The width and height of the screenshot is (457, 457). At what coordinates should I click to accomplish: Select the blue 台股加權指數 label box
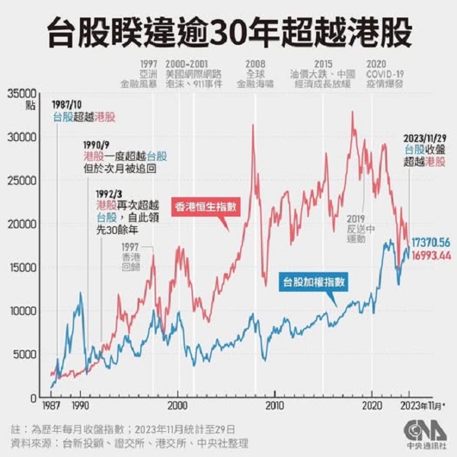315,282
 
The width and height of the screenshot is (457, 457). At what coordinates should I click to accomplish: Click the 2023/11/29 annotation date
429,138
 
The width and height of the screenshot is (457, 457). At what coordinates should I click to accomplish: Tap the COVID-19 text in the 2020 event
385,74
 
